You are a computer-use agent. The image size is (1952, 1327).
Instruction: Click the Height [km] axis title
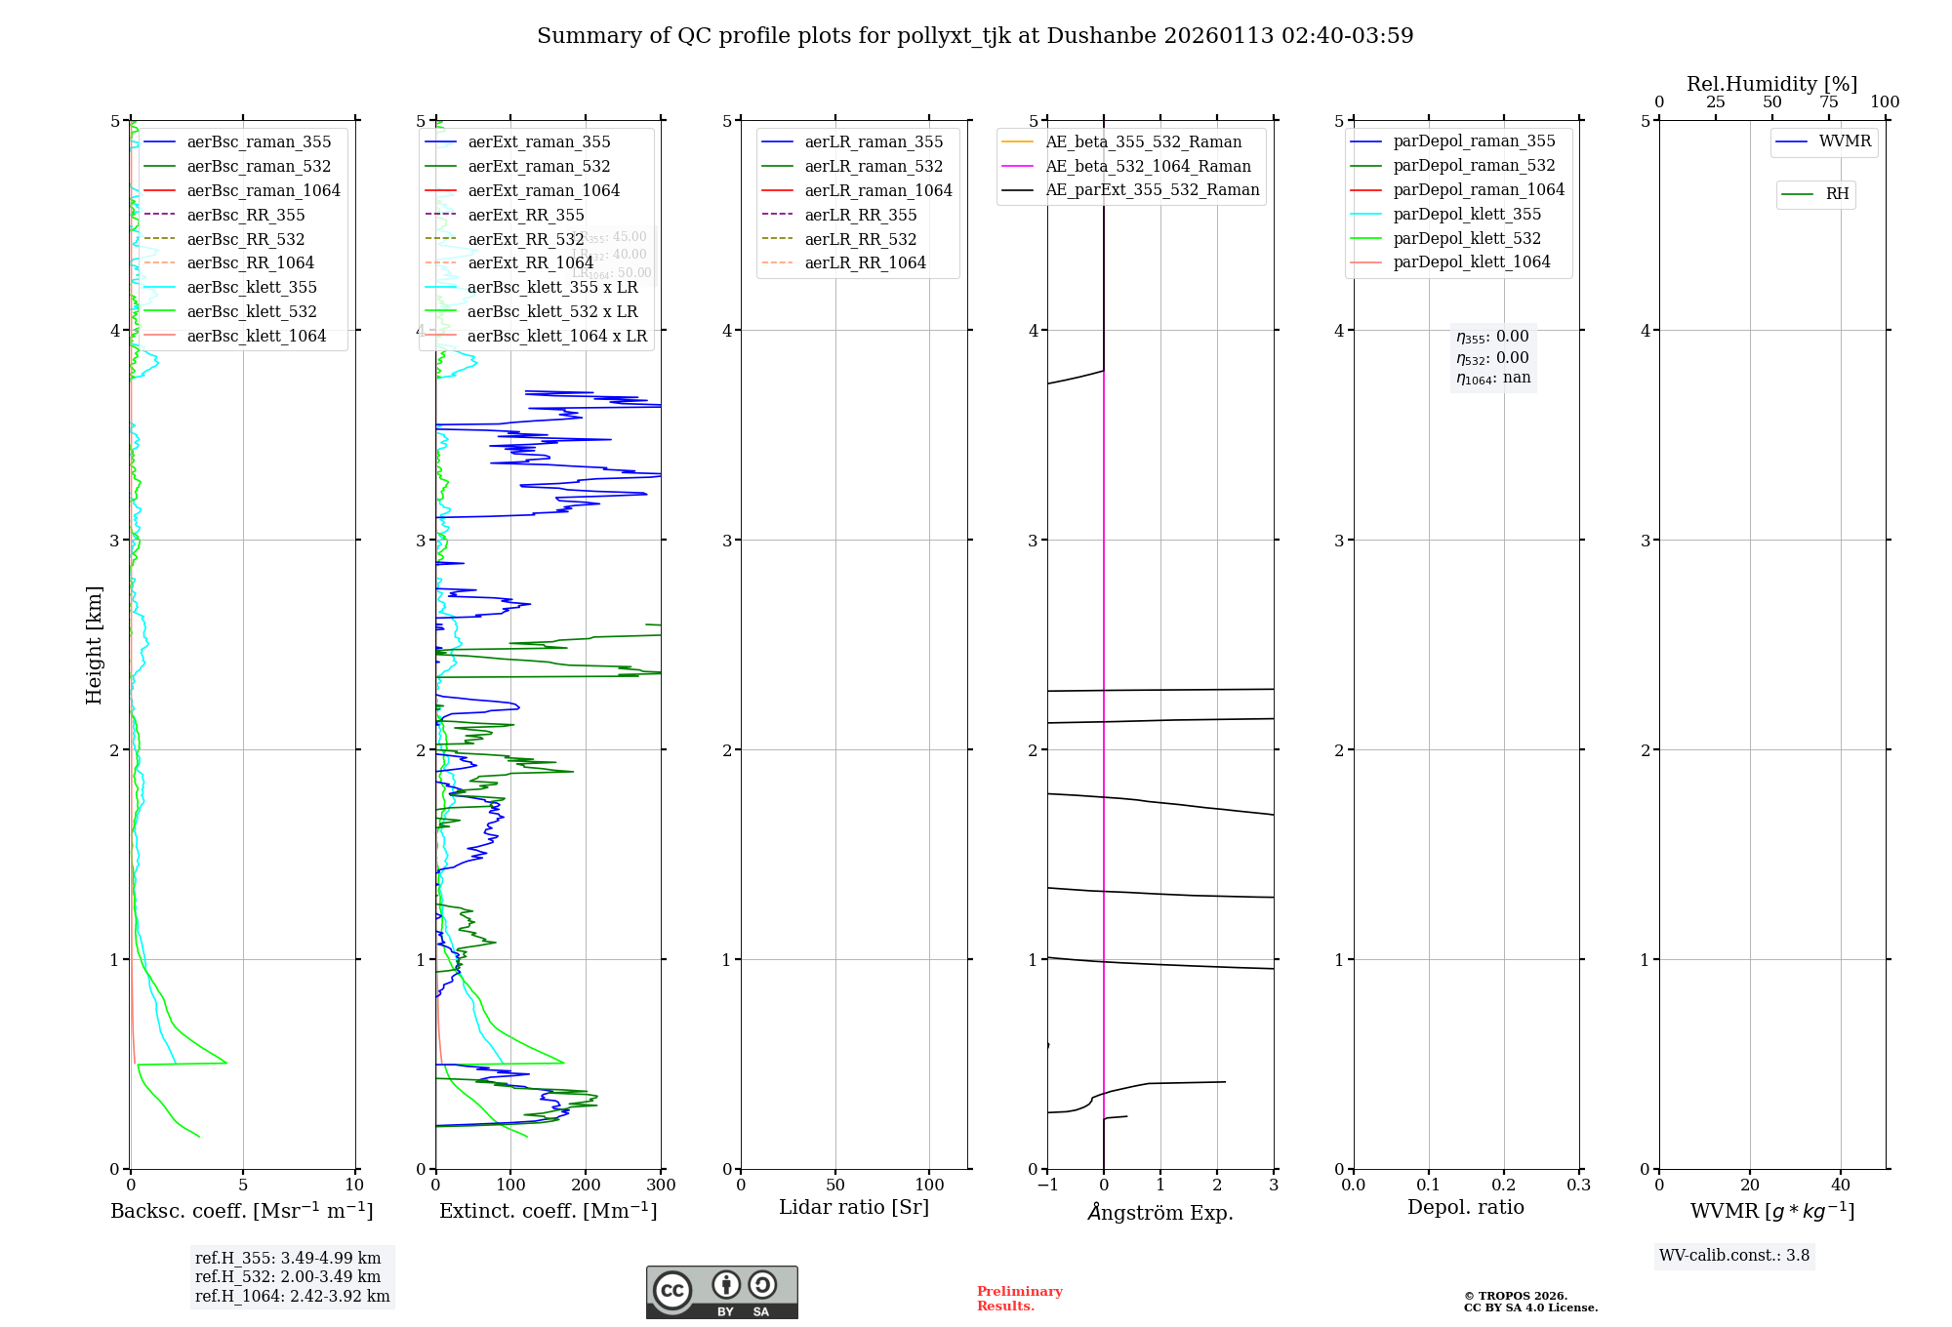[x=94, y=645]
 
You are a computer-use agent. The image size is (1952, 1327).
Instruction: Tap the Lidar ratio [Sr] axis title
[x=854, y=1208]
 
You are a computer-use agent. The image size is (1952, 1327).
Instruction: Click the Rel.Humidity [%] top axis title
[x=1771, y=84]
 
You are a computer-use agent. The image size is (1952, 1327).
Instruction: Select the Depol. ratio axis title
[x=1465, y=1208]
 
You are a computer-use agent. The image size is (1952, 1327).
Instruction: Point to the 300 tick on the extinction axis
[x=661, y=1186]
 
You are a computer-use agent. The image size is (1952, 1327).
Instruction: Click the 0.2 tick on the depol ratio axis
[x=1504, y=1186]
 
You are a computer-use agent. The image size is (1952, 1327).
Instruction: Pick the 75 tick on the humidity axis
[x=1828, y=102]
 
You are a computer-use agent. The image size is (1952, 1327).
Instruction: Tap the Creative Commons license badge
[x=721, y=1293]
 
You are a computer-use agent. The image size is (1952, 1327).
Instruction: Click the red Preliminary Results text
[x=1019, y=1299]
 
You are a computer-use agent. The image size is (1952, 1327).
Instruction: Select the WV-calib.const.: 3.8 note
[x=1733, y=1256]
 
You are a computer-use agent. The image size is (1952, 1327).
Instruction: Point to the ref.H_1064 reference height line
[x=292, y=1297]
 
